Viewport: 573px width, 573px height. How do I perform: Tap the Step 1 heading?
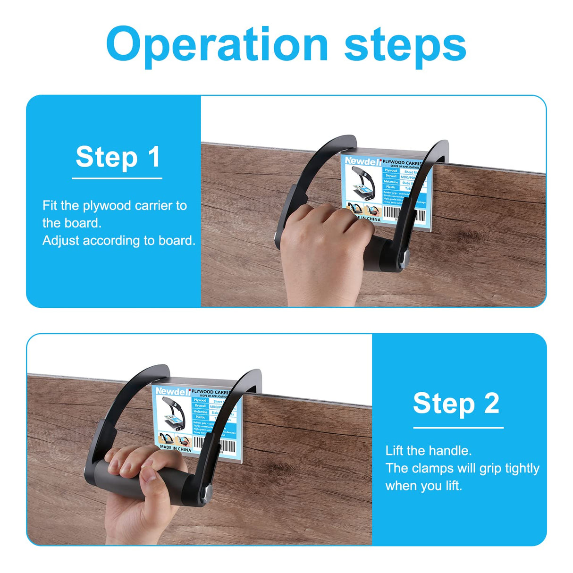click(x=118, y=157)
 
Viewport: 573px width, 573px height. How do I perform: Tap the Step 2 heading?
click(x=456, y=404)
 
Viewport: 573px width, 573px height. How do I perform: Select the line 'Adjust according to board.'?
click(x=118, y=241)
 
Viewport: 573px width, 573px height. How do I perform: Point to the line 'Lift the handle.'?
click(x=429, y=451)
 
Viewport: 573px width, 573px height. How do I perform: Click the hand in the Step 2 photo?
click(x=137, y=486)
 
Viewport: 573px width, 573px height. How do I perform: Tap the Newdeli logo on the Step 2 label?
click(x=173, y=391)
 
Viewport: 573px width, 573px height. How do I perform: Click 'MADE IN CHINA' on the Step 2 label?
click(x=176, y=449)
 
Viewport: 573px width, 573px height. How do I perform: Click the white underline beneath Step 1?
click(x=117, y=178)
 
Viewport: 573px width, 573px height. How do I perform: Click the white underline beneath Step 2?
click(x=458, y=428)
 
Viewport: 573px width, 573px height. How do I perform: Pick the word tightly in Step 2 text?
click(x=522, y=468)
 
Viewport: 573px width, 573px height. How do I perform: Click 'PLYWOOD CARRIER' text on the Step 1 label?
click(x=402, y=162)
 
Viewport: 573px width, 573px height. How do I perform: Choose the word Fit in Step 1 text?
click(x=50, y=206)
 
